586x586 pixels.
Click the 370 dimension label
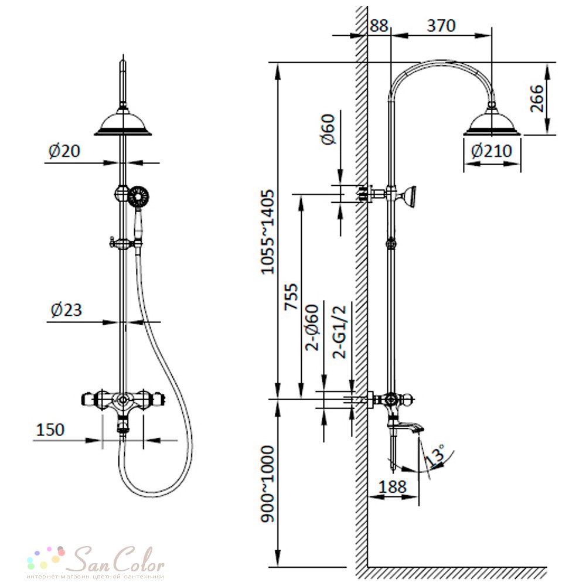tap(441, 25)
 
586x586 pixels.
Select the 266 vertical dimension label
tap(537, 98)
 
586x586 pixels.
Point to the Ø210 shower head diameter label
tap(491, 151)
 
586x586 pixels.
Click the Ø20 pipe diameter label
tap(64, 151)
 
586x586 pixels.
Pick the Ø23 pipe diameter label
tap(66, 310)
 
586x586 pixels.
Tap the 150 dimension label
tap(50, 430)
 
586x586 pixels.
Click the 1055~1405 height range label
tap(268, 232)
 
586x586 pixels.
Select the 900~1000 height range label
tap(268, 483)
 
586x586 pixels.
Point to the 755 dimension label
tap(292, 297)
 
